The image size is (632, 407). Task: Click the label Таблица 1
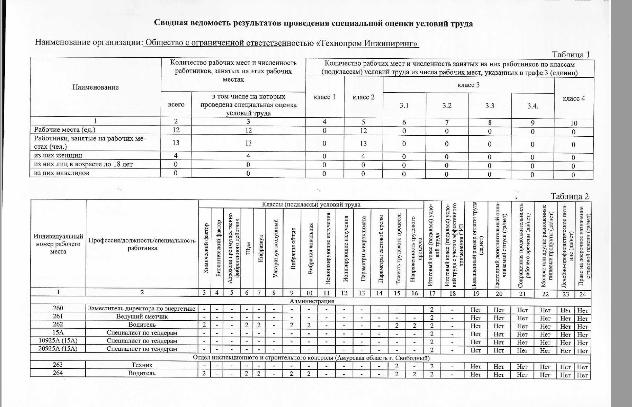[x=571, y=55]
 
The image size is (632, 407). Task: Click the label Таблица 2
[x=570, y=196]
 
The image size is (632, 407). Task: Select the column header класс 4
[x=574, y=98]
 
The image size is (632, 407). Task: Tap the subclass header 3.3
[x=490, y=105]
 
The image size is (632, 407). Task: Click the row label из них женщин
[x=58, y=155]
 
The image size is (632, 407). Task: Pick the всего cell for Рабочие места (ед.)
[x=176, y=130]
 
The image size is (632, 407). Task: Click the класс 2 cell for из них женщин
[x=363, y=156]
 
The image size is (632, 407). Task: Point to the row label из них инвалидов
[x=62, y=173]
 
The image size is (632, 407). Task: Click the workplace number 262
[x=58, y=324]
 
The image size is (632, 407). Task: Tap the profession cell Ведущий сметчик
[x=142, y=316]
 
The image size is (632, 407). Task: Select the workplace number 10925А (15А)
[x=58, y=341]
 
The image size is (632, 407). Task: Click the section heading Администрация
[x=312, y=301]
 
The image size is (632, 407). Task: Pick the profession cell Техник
[x=142, y=365]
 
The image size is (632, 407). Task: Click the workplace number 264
[x=58, y=373]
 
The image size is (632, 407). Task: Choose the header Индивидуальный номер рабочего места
[x=58, y=244]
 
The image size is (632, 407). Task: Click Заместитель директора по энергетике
[x=142, y=308]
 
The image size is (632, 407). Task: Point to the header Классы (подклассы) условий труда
[x=311, y=205]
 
